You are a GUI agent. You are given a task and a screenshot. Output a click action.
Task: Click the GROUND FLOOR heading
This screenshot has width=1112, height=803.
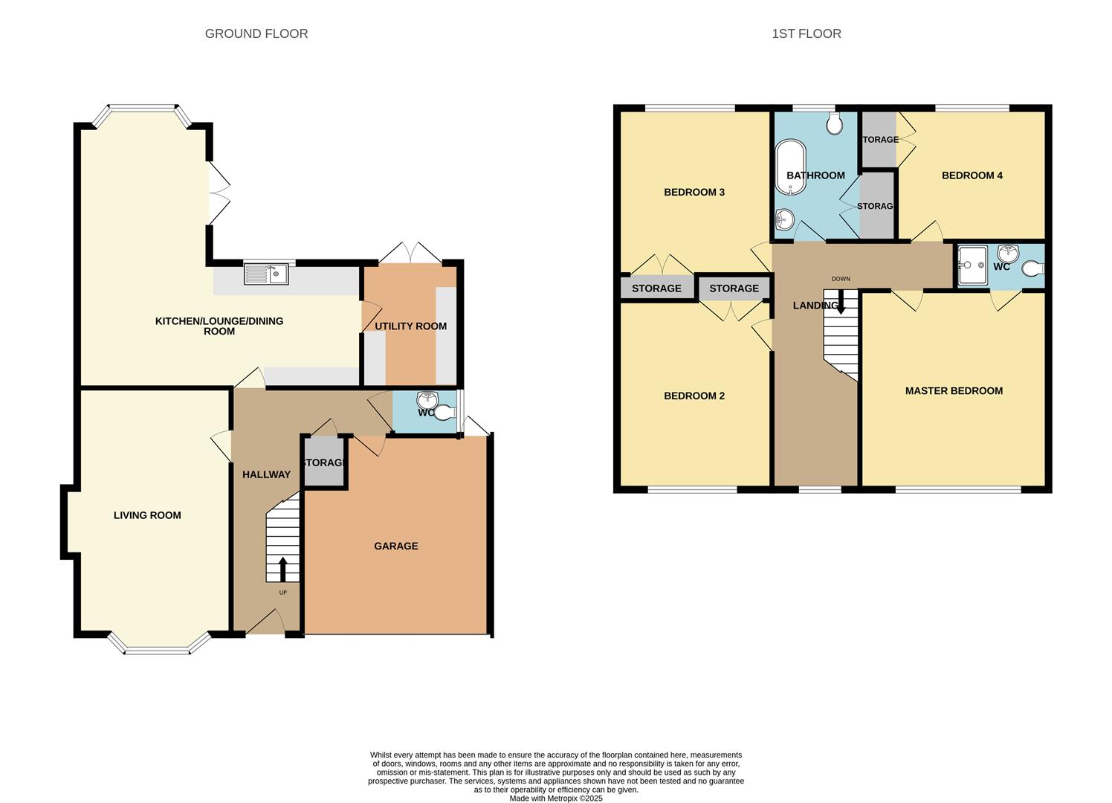(256, 33)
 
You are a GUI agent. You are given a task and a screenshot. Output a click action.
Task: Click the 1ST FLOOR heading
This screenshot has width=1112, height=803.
(806, 33)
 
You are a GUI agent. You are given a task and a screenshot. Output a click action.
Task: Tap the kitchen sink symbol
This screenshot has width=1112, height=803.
(266, 274)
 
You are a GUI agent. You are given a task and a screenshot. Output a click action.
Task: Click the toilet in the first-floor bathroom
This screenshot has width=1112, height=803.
(834, 123)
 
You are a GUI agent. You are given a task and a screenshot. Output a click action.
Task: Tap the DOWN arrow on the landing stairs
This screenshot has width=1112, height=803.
(841, 303)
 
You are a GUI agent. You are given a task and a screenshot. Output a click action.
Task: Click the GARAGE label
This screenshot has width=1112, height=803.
(395, 546)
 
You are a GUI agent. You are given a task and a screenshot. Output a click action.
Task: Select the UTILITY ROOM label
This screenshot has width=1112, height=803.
(410, 326)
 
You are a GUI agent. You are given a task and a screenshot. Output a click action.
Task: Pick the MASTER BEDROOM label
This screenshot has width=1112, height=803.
(954, 390)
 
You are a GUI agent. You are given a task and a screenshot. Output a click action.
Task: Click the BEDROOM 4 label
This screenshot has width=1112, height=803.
(972, 175)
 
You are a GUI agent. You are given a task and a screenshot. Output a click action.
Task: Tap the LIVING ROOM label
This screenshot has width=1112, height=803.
(147, 515)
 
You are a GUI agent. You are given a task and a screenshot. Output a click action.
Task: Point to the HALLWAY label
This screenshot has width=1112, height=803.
(266, 474)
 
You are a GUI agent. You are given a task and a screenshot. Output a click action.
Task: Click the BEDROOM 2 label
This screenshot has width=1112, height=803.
(694, 396)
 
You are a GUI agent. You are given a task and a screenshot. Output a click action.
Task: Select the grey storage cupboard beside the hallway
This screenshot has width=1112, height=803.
(324, 462)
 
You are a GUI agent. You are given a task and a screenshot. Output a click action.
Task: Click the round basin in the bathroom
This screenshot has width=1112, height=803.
(784, 219)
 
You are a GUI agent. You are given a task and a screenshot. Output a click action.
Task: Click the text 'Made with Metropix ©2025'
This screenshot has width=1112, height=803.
(555, 799)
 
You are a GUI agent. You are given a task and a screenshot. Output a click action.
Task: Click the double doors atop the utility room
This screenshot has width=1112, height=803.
(410, 252)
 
